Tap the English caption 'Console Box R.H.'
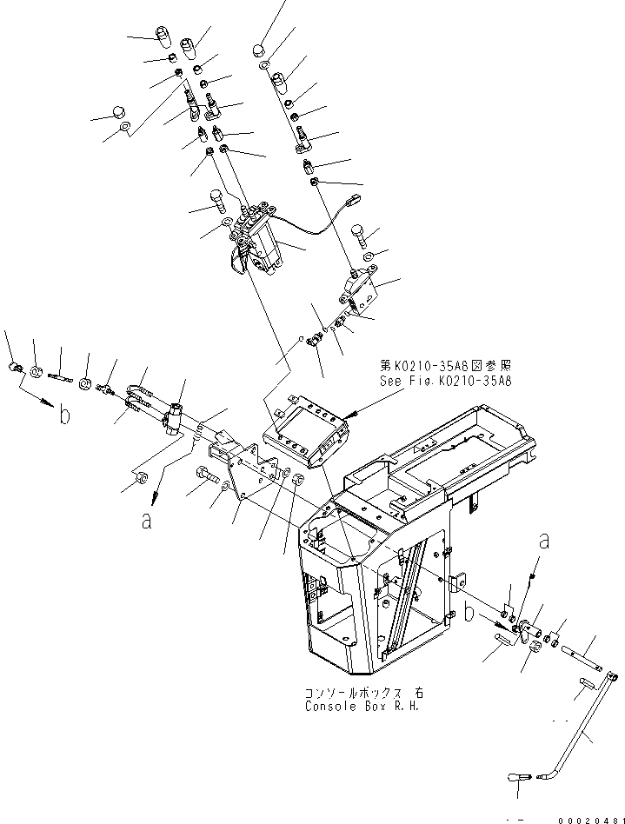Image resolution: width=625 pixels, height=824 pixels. click(361, 706)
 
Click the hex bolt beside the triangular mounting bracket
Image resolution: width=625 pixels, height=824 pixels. click(206, 475)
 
